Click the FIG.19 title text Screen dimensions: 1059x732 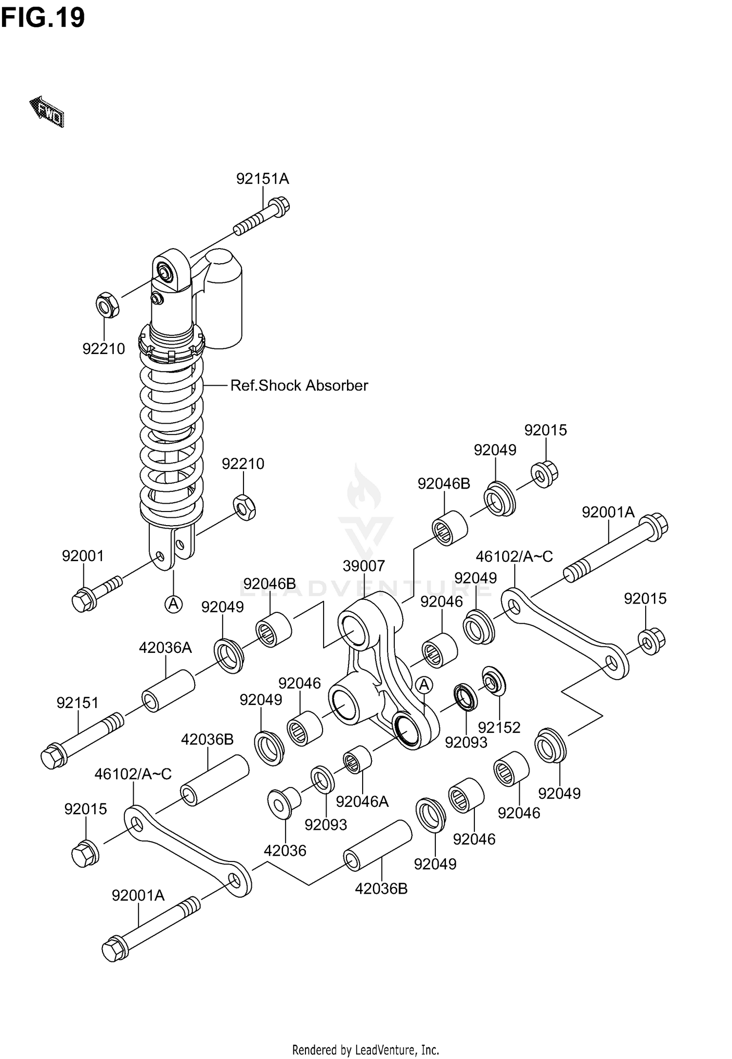point(43,18)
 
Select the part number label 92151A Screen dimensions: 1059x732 point(263,179)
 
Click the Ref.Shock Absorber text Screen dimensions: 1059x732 point(299,386)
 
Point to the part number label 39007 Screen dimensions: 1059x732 point(364,566)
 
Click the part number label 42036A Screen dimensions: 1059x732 point(165,648)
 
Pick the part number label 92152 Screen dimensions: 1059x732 point(499,727)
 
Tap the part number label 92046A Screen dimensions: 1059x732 point(362,802)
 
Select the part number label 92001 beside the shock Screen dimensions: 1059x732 point(83,556)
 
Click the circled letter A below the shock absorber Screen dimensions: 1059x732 point(173,605)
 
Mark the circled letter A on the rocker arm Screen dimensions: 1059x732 point(425,685)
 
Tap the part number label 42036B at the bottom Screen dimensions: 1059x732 point(381,889)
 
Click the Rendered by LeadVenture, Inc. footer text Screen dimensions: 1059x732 point(366,1050)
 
